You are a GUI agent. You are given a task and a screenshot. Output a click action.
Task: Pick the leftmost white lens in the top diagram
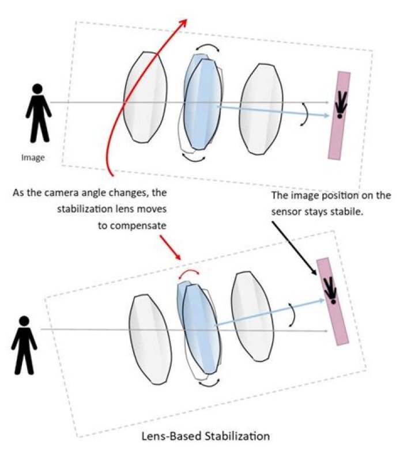[148, 97]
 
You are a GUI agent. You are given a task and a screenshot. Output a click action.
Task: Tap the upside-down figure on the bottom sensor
[331, 290]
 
